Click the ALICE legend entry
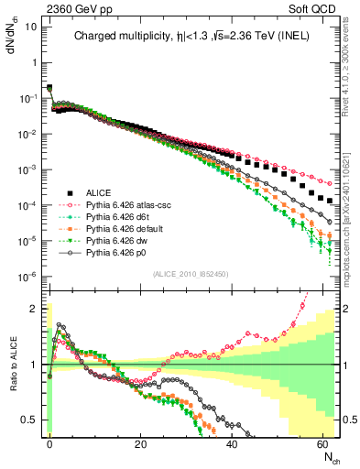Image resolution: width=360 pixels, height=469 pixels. [x=98, y=192]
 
